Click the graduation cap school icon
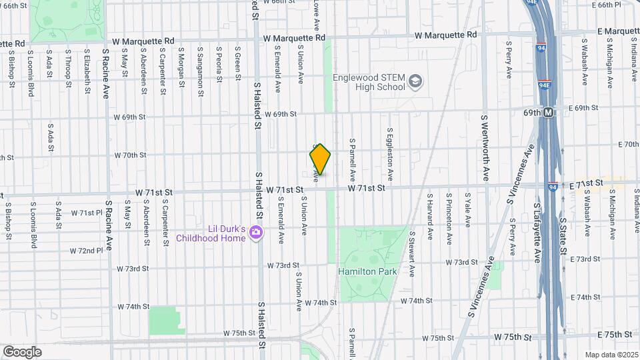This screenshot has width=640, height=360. [416, 81]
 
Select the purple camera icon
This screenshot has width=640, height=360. [255, 232]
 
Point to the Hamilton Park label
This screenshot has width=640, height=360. [367, 271]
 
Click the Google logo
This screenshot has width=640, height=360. [22, 351]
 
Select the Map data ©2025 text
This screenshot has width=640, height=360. [611, 355]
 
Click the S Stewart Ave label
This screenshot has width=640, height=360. [411, 254]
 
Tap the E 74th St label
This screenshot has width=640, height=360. [613, 297]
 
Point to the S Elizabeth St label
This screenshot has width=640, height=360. [87, 67]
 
